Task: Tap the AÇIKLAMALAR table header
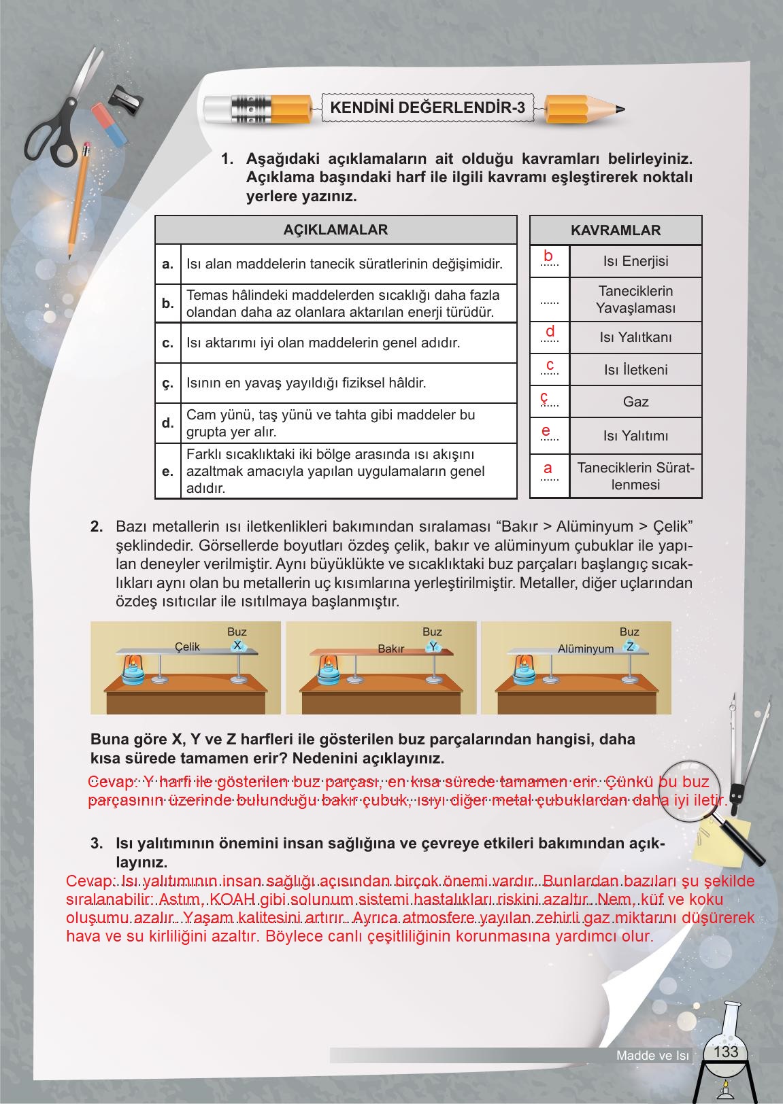tap(335, 230)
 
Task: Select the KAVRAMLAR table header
tap(616, 230)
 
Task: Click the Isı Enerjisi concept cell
tap(635, 262)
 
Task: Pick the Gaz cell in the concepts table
tap(635, 402)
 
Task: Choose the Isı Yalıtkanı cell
tap(635, 338)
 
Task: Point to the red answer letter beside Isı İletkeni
tap(550, 366)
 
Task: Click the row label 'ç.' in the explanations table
tap(168, 383)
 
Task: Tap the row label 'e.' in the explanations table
tap(168, 471)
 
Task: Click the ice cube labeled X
tap(237, 646)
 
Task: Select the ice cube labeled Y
tap(433, 646)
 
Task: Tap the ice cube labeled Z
tap(631, 646)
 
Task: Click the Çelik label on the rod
tap(187, 646)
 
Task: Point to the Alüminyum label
tap(586, 649)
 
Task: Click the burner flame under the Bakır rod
tap(330, 661)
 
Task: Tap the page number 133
tap(726, 1052)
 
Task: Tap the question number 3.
tap(97, 844)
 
